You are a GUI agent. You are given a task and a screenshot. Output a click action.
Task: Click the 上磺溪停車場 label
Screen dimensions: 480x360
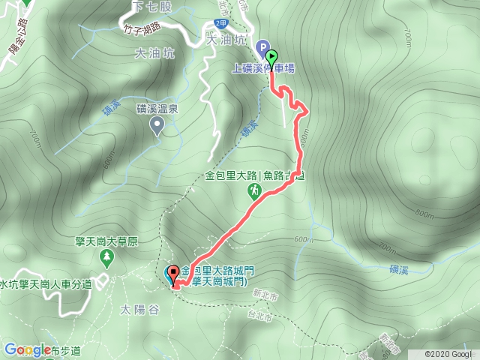[x=262, y=68]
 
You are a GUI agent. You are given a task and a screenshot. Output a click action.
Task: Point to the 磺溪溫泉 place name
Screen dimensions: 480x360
[x=157, y=109]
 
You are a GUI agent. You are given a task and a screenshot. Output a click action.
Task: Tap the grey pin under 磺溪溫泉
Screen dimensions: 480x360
[x=157, y=127]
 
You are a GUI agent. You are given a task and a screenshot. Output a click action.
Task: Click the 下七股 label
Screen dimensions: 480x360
[x=147, y=6]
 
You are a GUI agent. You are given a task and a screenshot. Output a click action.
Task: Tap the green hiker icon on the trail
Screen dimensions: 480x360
[x=253, y=192]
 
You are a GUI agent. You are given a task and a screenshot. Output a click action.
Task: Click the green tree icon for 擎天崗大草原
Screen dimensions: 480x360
[x=106, y=259]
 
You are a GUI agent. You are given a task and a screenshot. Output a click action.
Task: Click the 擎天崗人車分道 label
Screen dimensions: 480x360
[x=46, y=283]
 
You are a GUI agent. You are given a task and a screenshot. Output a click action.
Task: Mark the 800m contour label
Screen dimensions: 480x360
[x=424, y=214]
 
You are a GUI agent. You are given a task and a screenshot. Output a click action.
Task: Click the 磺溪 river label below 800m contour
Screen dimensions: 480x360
[x=400, y=267]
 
